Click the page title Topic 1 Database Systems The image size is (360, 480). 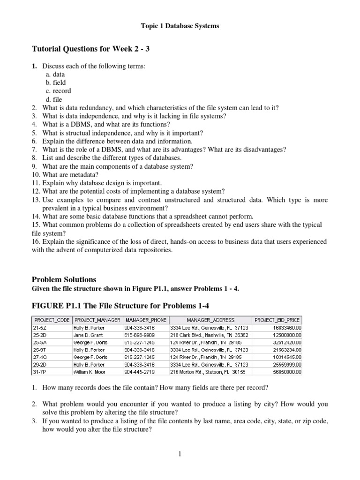pos(180,26)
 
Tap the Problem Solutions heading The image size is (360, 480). pos(63,279)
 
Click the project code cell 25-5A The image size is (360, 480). pos(37,342)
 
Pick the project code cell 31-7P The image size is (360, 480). pos(37,372)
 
